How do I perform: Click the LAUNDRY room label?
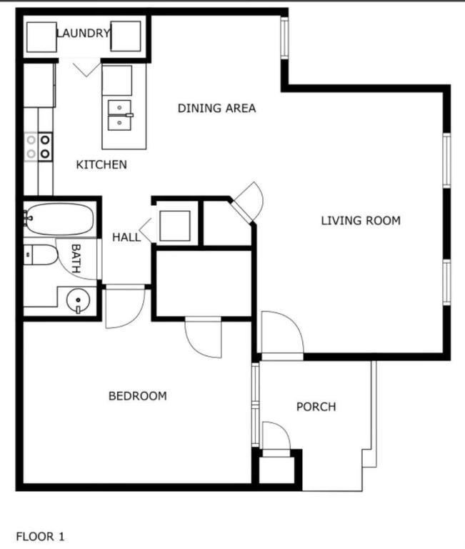tap(83, 33)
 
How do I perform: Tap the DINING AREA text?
tap(216, 109)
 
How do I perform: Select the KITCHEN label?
tap(101, 164)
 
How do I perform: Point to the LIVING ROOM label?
tap(360, 220)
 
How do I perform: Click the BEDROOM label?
tap(137, 395)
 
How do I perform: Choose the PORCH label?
tap(316, 407)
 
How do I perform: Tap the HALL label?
tap(126, 237)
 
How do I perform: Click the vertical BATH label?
tap(76, 258)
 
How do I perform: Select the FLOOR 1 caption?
tap(40, 535)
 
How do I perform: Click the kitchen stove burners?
tap(39, 146)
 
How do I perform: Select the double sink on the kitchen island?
tap(120, 114)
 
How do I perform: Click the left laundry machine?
tap(41, 37)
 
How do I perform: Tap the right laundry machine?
tap(126, 37)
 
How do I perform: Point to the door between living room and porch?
tap(281, 336)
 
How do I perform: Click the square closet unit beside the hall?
tap(174, 226)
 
